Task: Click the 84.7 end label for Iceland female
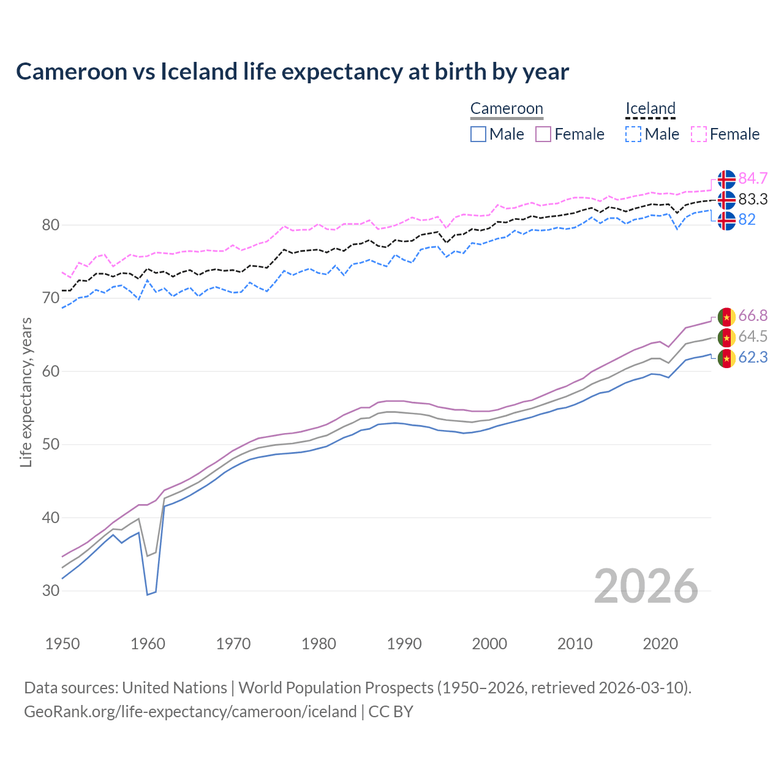pos(753,179)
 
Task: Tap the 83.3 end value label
pos(753,200)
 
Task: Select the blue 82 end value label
pos(747,220)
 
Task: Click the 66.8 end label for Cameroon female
pos(753,316)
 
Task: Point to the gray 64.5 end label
pos(753,337)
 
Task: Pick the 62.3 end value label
pos(753,358)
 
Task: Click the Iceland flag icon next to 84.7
pos(726,179)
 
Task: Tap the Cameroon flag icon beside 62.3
pos(726,358)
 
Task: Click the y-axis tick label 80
pos(51,225)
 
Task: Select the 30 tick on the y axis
pos(51,591)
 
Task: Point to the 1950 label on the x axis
pos(62,644)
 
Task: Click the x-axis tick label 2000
pos(489,644)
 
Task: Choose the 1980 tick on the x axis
pos(319,644)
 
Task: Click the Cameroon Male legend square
pos(478,134)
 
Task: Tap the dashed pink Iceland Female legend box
pos(699,134)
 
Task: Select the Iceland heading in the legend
pos(650,109)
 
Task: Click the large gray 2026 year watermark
pos(646,586)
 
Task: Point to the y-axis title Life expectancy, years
pos(26,392)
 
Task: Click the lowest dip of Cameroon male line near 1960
pos(148,594)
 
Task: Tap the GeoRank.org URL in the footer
pos(190,712)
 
